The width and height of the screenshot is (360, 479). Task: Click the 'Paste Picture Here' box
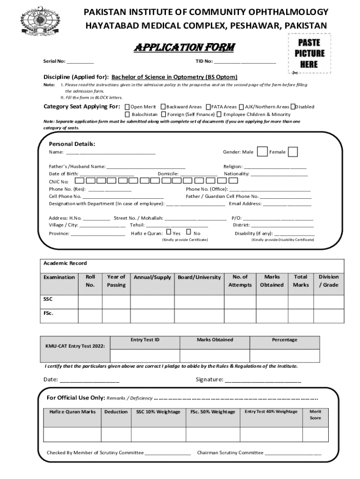pyautogui.click(x=309, y=54)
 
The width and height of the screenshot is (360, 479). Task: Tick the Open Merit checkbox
pyautogui.click(x=127, y=107)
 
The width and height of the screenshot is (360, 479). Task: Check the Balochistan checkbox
pyautogui.click(x=127, y=114)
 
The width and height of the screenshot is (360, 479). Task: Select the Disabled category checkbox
pyautogui.click(x=293, y=107)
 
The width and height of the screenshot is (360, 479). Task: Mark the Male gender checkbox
pyautogui.click(x=262, y=152)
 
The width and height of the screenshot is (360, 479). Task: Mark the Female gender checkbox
pyautogui.click(x=293, y=152)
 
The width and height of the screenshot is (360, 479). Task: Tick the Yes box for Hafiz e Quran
pyautogui.click(x=169, y=232)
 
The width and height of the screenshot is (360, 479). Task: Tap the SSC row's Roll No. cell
pyautogui.click(x=90, y=302)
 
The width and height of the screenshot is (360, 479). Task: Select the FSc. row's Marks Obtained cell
pyautogui.click(x=272, y=316)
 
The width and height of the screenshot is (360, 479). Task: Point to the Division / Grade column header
pyautogui.click(x=329, y=281)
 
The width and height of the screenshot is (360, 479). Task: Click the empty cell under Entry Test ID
pyautogui.click(x=145, y=355)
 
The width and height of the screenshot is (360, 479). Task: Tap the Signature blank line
pyautogui.click(x=263, y=380)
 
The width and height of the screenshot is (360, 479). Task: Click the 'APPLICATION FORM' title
pyautogui.click(x=184, y=48)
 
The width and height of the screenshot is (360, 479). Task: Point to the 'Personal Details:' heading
pyautogui.click(x=72, y=144)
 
